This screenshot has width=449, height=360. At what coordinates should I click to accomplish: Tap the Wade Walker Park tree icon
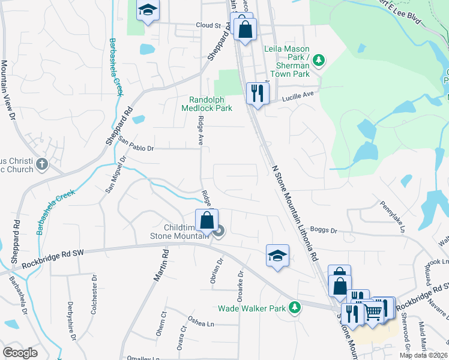tap(294, 308)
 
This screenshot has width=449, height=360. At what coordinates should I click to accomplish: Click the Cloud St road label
tap(208, 25)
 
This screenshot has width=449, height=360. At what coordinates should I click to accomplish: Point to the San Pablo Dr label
tap(136, 145)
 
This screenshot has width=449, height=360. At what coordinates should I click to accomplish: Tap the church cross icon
tap(42, 164)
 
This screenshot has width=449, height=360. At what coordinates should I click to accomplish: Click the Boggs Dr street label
tap(325, 230)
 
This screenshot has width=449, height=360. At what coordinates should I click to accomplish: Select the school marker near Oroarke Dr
tap(277, 256)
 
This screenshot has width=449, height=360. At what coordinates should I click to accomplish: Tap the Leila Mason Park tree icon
tap(319, 59)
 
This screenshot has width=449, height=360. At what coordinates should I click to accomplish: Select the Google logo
tap(20, 353)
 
